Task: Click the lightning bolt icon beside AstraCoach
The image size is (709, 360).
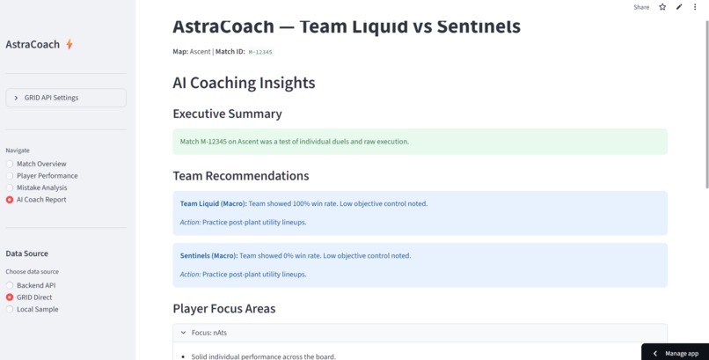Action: coord(69,44)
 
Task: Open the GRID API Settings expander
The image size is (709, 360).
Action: coord(66,98)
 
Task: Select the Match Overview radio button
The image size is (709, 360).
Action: coord(10,164)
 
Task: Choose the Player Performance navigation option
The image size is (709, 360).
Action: coord(10,176)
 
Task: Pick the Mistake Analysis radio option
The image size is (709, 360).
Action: coord(10,187)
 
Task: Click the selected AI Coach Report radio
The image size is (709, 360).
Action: coord(10,200)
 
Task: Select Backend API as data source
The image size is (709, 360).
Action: coord(10,285)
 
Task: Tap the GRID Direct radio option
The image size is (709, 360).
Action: coord(10,298)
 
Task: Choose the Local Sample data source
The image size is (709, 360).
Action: coord(10,309)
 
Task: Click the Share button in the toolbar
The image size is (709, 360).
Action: coord(641,7)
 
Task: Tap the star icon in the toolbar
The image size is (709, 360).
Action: coord(662,7)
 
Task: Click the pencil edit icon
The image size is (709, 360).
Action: coord(679,7)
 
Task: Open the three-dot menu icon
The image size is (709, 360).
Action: coord(695,7)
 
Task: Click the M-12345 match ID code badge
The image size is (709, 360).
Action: coord(260,52)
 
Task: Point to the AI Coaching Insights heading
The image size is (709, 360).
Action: coord(244,83)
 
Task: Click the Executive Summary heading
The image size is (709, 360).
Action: coord(227,114)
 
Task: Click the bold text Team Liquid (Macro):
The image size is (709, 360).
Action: coord(213,203)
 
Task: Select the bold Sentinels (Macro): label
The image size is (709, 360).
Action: coord(208,255)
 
